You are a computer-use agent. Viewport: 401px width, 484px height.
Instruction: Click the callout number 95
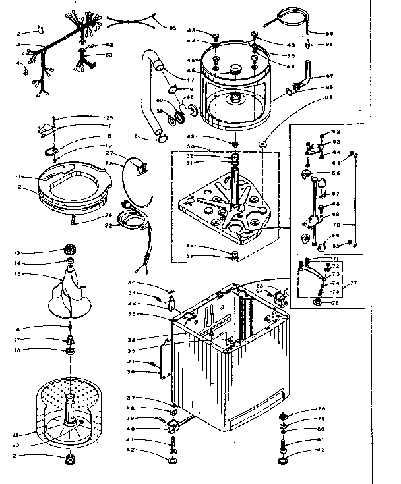point(173,28)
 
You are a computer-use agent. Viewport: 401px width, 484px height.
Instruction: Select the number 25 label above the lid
point(109,118)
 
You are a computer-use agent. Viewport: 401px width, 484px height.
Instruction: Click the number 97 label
point(330,76)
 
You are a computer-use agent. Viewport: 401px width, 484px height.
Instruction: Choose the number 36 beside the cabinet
point(133,372)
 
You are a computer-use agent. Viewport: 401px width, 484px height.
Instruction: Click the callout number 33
point(133,314)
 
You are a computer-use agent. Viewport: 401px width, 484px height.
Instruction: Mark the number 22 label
point(108,226)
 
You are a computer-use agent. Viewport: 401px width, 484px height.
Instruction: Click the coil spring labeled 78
point(284,416)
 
